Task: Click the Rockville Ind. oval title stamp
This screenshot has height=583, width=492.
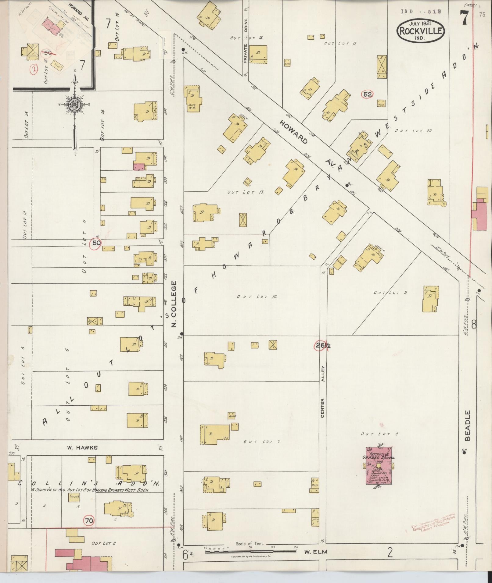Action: coord(421,30)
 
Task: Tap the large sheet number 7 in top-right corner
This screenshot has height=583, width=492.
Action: coord(464,18)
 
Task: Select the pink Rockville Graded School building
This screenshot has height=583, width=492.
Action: coord(379,465)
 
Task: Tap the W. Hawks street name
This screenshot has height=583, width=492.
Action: coord(83,448)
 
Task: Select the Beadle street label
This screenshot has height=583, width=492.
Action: coord(468,425)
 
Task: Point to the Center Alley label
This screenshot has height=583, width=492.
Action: coord(323,392)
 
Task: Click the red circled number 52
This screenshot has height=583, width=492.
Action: coord(368,94)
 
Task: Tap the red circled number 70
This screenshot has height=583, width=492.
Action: coord(89,521)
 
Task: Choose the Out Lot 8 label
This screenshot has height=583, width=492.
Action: coord(379,434)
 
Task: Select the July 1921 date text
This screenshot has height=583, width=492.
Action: coord(420,23)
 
